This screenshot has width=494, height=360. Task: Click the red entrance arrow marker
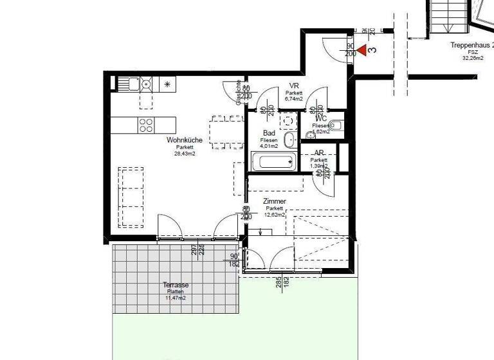pos(363,50)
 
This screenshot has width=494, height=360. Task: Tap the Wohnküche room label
pos(185,139)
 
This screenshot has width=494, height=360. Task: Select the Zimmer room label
pos(275,201)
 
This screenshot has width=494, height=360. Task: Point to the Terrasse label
pos(176,285)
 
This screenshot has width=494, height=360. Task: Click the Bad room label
pos(269,132)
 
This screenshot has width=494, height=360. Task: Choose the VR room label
pos(294,85)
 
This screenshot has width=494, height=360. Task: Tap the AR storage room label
pos(319,152)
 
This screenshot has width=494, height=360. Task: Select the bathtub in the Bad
pos(273,162)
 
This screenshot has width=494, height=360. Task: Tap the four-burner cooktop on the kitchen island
pos(146,125)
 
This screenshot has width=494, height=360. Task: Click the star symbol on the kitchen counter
pos(169,84)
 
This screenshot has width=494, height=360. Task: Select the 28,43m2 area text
pos(185,154)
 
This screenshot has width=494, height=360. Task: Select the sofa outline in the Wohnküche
pos(131,196)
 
